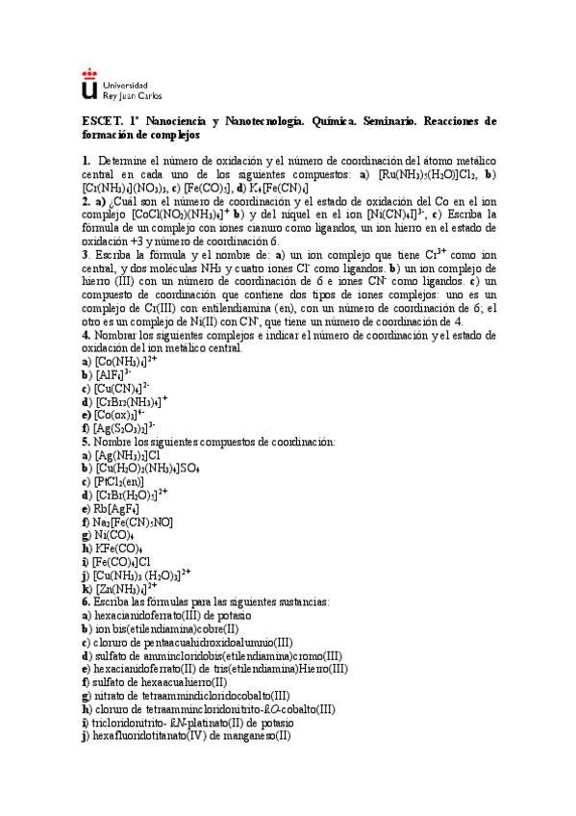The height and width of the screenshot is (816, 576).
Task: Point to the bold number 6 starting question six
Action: pyautogui.click(x=85, y=600)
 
